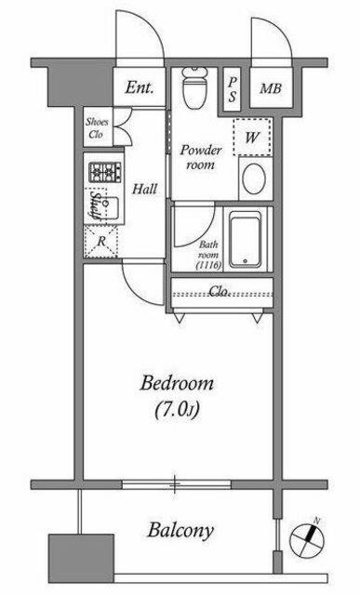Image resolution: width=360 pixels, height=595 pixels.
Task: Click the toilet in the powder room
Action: click(x=194, y=88)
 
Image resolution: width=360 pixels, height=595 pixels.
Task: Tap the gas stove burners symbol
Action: click(x=105, y=172)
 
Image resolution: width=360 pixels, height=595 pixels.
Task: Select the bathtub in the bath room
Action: click(x=246, y=240)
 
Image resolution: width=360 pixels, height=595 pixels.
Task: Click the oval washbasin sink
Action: click(x=255, y=178)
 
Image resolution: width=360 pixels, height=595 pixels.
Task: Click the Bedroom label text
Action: click(x=177, y=383)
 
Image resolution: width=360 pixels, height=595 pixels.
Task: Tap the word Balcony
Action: click(x=180, y=531)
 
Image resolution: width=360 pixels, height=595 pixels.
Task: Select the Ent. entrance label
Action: click(x=140, y=87)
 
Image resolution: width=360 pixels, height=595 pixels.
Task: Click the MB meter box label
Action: click(x=271, y=89)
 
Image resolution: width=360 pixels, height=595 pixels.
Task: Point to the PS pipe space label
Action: click(x=232, y=89)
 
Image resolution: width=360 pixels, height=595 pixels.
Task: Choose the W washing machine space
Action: click(x=252, y=137)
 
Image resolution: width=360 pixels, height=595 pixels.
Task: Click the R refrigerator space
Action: click(x=100, y=241)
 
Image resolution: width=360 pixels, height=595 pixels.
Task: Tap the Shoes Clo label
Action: click(x=98, y=128)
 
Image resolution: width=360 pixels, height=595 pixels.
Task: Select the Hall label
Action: click(x=145, y=189)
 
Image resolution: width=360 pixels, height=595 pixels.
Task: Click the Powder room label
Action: click(x=201, y=157)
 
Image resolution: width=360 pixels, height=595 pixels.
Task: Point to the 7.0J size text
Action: click(x=177, y=410)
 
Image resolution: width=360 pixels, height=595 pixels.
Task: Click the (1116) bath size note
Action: click(x=208, y=265)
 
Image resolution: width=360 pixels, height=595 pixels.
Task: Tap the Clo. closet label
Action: click(x=220, y=291)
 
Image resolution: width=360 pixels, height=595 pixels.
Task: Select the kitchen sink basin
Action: click(x=110, y=207)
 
